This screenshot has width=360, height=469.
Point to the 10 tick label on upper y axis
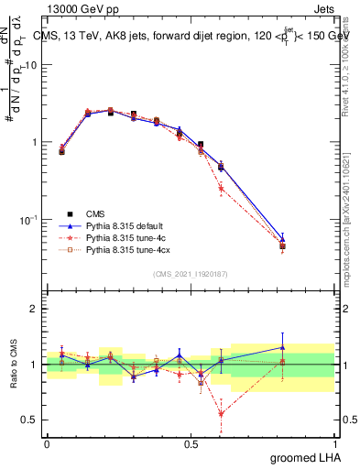[x=31, y=65]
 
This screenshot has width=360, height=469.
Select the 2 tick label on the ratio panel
[x=35, y=310]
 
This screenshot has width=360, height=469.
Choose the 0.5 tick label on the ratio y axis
[x=31, y=420]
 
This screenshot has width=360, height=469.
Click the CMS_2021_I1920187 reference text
[x=191, y=274]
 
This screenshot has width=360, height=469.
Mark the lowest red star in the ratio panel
[x=221, y=413]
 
